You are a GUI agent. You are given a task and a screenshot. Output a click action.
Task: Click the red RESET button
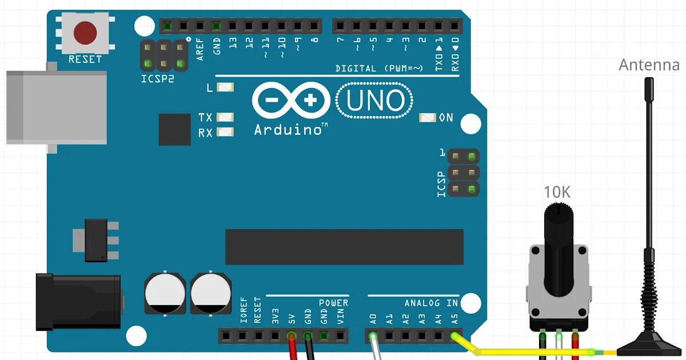point(85,33)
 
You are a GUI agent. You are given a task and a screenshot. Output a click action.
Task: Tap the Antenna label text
point(649,65)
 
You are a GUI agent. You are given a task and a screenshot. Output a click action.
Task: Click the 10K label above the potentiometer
point(557,192)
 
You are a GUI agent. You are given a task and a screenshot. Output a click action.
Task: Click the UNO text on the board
point(374,101)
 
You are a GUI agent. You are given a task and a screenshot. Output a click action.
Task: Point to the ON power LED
point(427,118)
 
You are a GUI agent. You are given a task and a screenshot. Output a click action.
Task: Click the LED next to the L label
point(225,88)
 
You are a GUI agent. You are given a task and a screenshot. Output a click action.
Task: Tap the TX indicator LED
point(225,118)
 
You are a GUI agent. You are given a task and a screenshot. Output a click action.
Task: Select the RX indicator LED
point(225,133)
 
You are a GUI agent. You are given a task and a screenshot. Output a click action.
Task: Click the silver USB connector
point(55,107)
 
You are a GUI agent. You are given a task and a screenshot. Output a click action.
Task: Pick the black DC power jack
point(78,302)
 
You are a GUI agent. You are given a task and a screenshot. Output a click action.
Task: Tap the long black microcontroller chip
point(344,247)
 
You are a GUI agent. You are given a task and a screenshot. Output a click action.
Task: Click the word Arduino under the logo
point(288,130)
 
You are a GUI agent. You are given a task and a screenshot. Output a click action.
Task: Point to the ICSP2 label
point(158,78)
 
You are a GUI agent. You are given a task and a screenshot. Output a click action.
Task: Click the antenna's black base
point(648,346)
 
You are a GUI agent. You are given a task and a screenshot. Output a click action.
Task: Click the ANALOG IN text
point(431,302)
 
